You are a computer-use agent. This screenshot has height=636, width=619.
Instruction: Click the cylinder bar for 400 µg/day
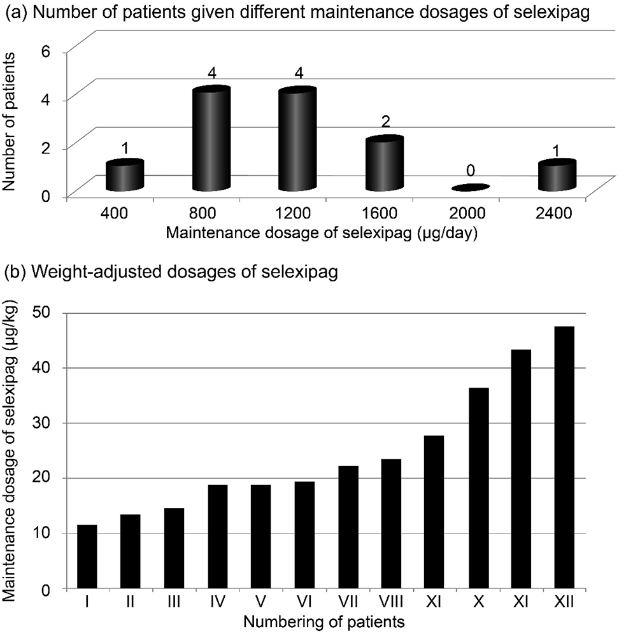125,176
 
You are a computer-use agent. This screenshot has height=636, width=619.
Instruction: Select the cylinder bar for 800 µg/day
211,140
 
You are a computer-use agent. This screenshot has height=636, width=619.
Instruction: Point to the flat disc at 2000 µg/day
471,187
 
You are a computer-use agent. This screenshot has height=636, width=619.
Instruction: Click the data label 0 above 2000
472,172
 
